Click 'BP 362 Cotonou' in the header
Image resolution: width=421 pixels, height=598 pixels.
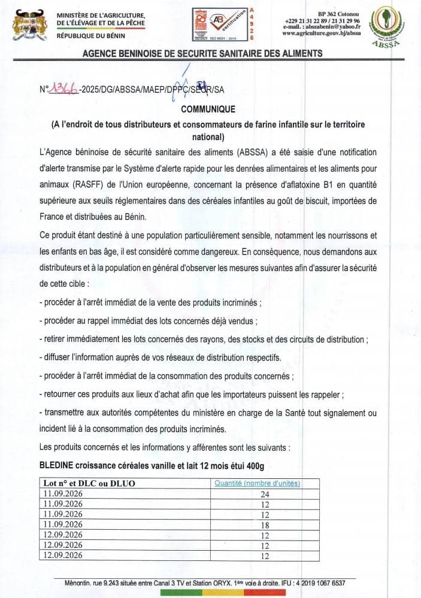coord(339,13)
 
